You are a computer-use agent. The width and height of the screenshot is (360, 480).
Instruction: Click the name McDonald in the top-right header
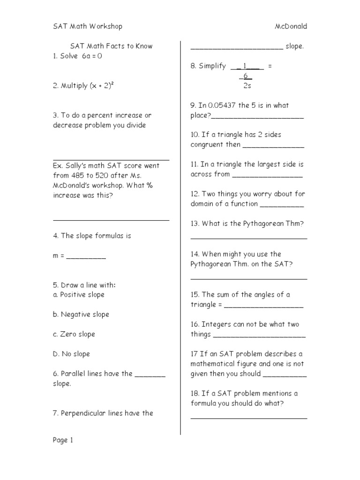[x=291, y=26]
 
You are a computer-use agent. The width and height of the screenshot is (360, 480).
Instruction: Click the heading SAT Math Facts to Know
[x=111, y=46]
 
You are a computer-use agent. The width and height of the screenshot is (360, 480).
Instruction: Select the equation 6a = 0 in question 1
[x=92, y=56]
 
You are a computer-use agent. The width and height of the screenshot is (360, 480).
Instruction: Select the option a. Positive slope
[x=79, y=295]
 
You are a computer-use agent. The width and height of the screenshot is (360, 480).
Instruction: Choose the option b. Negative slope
[x=81, y=315]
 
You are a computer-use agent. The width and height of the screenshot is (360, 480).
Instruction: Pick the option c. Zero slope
[x=74, y=334]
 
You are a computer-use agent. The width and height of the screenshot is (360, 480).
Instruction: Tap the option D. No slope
[x=71, y=354]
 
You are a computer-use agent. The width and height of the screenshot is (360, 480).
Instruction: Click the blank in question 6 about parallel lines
[x=150, y=375]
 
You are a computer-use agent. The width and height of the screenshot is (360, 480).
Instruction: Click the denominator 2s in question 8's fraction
[x=247, y=86]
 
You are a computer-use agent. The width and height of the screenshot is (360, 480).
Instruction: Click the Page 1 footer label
[x=63, y=440]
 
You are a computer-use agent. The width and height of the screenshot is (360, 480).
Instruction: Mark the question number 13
[x=195, y=224]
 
